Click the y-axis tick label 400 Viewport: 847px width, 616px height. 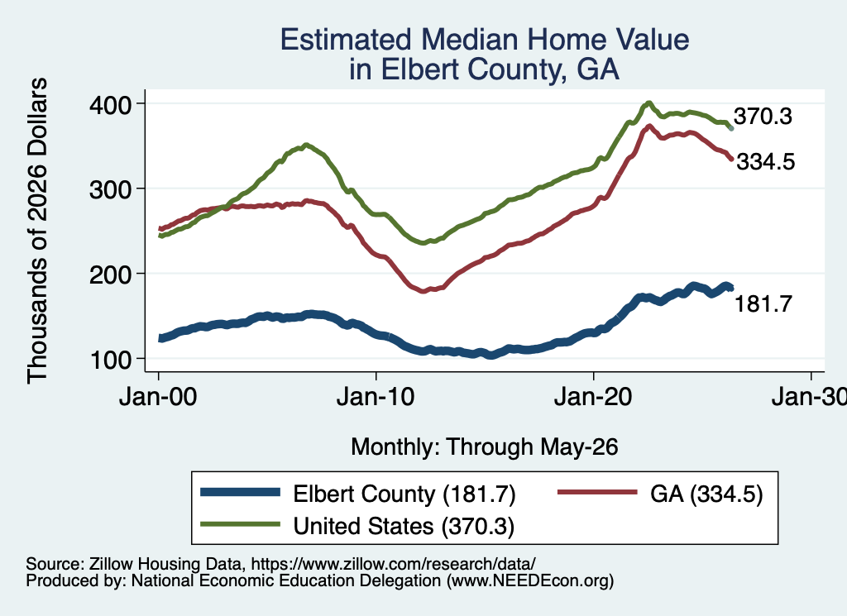point(110,105)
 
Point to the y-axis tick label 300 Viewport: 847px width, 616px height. point(110,190)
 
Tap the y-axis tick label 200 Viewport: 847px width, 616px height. point(110,275)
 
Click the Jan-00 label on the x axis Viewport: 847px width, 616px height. point(158,398)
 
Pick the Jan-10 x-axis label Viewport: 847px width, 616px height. point(376,398)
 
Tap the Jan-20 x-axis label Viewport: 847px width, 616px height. point(593,398)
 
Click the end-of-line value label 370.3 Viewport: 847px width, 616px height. point(763,116)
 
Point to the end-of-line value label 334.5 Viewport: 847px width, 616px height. point(765,161)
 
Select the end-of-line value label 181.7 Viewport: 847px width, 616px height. point(763,304)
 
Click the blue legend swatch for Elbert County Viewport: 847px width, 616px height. point(241,492)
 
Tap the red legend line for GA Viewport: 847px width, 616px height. point(597,492)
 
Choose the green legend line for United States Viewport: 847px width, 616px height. point(241,524)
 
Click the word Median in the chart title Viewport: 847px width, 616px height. point(468,40)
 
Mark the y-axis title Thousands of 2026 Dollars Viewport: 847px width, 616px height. point(37,231)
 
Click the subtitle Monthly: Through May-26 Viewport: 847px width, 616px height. point(485,447)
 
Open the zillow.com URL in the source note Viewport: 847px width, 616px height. point(393,564)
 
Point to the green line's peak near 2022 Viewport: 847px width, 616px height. point(648,103)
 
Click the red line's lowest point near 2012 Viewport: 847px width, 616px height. point(423,291)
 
